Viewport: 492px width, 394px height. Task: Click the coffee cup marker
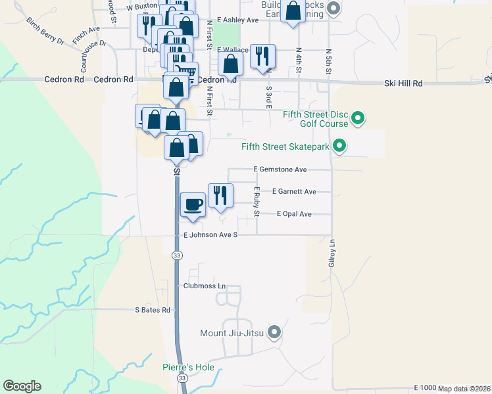coord(193,204)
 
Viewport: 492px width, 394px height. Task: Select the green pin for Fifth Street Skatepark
coord(339,146)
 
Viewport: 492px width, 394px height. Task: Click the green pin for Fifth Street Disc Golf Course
coord(358,118)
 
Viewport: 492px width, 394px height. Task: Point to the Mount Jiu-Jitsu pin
coord(275,333)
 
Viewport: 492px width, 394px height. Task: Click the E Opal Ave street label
coord(294,213)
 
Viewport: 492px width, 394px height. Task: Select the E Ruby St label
coord(257,202)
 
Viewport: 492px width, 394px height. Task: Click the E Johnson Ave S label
coord(210,234)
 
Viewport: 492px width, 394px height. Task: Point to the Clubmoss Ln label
coord(205,286)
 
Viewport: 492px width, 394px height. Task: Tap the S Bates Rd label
coord(153,310)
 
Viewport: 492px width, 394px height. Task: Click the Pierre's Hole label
coord(189,367)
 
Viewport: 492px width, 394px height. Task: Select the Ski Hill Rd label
coord(403,84)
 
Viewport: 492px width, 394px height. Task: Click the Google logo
coord(22,386)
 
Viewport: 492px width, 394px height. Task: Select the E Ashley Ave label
coord(238,20)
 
